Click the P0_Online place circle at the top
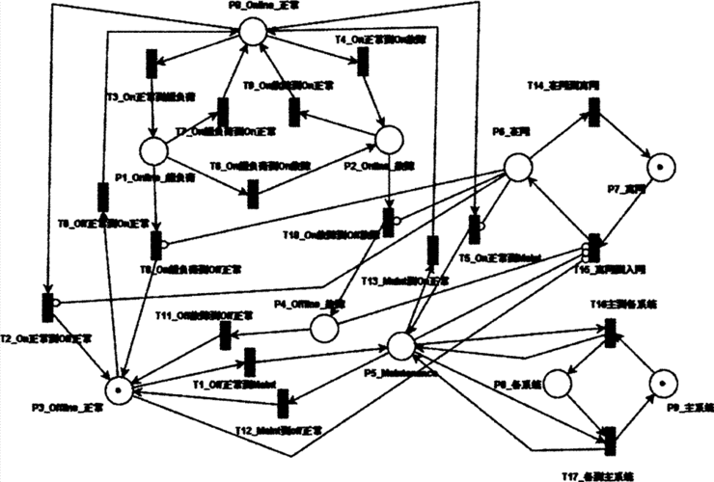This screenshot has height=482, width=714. coord(251,31)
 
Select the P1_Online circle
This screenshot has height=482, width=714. coord(154,152)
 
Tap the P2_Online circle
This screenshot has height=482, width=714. coord(388,140)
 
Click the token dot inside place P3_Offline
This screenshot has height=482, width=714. coord(119,388)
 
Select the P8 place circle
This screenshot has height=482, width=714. coord(558,384)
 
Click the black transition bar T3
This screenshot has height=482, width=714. coord(151,65)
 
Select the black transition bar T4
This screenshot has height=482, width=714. coord(364,63)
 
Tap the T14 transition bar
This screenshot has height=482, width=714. coord(594,114)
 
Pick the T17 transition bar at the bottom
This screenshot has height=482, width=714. coord(610,440)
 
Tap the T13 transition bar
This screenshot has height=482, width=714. coord(433,248)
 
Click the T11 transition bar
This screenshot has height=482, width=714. coord(225,335)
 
